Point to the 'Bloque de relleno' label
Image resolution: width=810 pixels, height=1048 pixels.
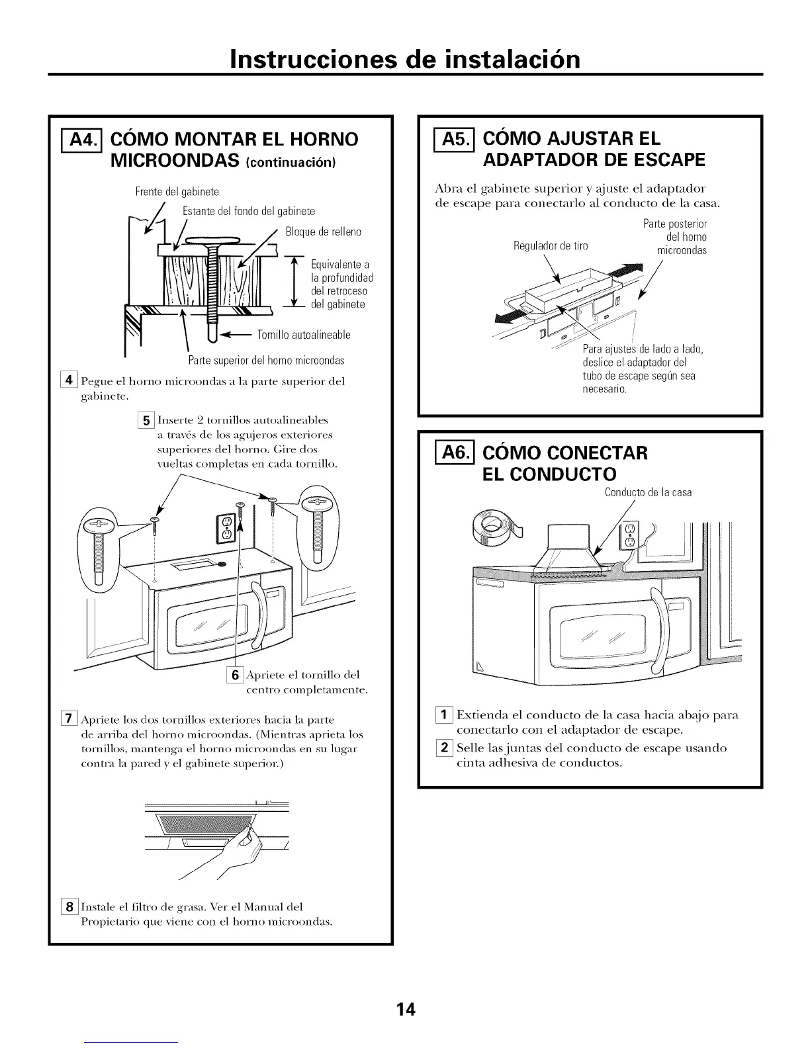click(324, 232)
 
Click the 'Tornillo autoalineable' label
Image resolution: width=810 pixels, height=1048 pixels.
click(304, 334)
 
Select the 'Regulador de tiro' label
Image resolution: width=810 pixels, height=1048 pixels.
click(551, 246)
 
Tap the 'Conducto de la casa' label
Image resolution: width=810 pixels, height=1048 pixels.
click(648, 492)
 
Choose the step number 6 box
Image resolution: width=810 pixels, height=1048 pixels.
click(234, 676)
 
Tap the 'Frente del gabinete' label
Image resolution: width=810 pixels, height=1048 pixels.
click(177, 192)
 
